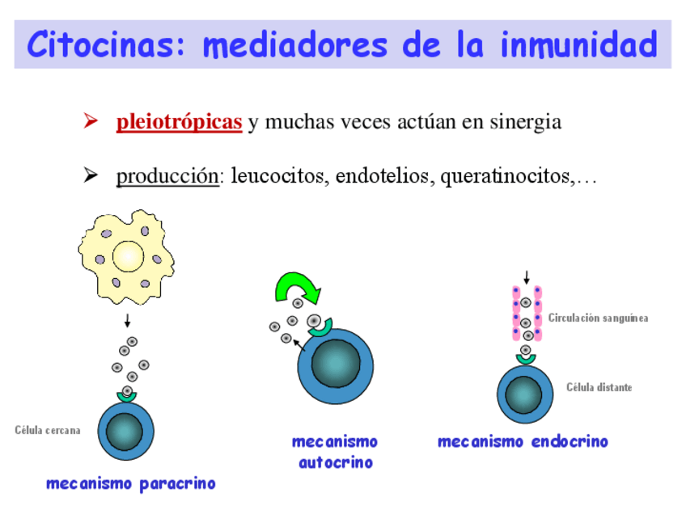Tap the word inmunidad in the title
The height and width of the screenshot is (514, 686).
(x=578, y=44)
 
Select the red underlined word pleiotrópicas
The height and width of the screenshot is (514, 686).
(x=179, y=123)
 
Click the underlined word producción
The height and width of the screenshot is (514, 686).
(x=167, y=175)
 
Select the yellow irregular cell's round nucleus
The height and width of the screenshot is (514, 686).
(x=128, y=257)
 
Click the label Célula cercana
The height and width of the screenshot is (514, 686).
(x=48, y=430)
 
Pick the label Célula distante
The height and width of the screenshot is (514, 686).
(x=599, y=388)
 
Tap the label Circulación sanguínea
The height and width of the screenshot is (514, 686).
(x=598, y=318)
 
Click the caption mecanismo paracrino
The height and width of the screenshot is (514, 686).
(x=131, y=484)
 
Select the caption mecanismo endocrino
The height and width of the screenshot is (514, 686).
(x=523, y=442)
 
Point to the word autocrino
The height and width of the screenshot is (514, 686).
(x=335, y=463)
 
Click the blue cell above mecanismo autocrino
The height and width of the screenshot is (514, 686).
(x=334, y=364)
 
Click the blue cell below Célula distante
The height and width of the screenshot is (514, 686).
(x=524, y=394)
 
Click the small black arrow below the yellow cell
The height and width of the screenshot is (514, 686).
(x=127, y=321)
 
